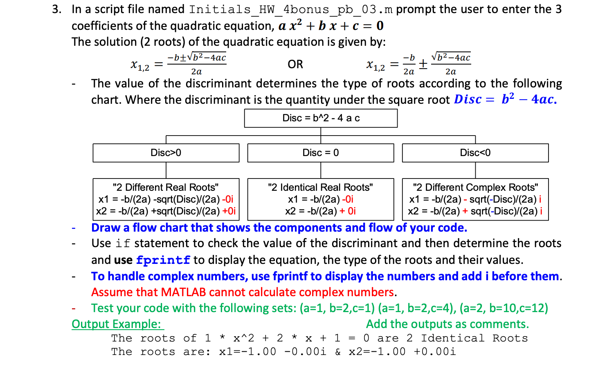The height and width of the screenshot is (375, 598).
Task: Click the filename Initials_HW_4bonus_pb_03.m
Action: coord(291,9)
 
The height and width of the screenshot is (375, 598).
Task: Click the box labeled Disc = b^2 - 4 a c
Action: coord(321,118)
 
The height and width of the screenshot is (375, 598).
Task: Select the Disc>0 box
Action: coord(166,153)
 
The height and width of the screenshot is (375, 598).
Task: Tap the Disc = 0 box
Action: coord(321,153)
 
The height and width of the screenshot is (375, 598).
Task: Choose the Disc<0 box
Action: coord(475,153)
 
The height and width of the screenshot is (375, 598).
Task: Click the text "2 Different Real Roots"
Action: coord(166,187)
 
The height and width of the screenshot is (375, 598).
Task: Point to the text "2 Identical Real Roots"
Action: coord(321,187)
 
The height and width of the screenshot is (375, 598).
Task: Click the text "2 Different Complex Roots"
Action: coord(475,187)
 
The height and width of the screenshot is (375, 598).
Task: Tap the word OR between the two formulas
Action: coord(295,65)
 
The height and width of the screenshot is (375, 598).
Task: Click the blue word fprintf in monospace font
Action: coord(163,260)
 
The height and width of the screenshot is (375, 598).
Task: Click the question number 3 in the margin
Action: coord(56,9)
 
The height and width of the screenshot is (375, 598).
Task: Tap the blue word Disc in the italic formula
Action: coord(468,99)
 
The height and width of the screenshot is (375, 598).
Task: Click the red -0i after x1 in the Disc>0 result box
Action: coord(227,199)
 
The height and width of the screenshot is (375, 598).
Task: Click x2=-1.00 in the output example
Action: coord(377,352)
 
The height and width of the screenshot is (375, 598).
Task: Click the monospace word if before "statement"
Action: coord(123,244)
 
